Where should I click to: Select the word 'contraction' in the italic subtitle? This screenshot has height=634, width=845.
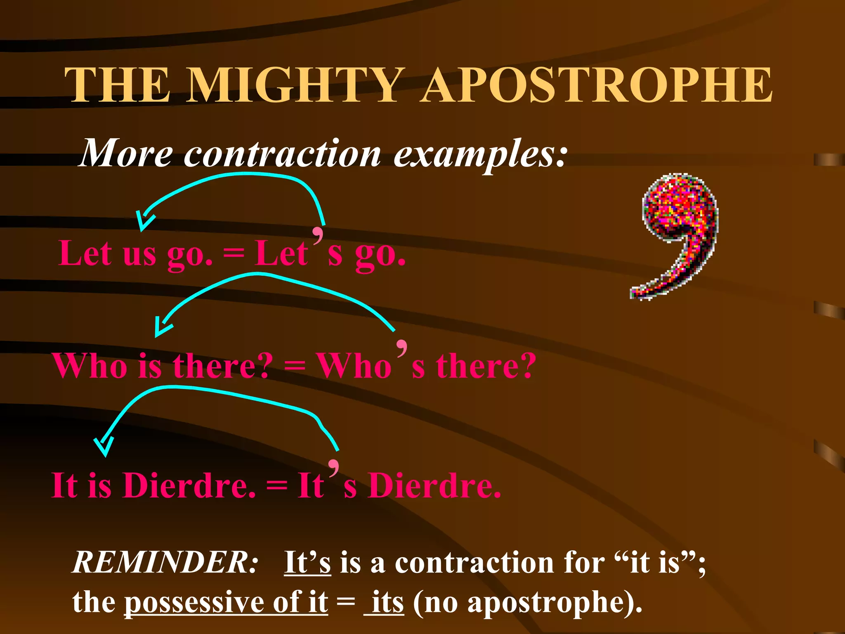click(x=282, y=154)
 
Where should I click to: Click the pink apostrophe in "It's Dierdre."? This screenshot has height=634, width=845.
click(x=334, y=468)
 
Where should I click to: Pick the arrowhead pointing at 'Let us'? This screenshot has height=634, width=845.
click(x=144, y=221)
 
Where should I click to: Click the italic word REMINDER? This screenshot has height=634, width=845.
click(x=165, y=562)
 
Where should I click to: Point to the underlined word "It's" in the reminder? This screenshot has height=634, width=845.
click(x=307, y=562)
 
